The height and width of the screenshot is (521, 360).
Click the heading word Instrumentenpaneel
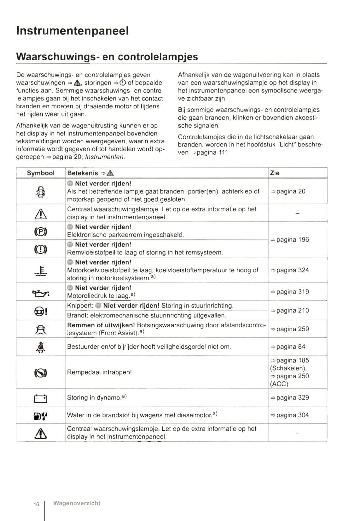click(72, 31)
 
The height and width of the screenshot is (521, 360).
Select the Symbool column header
click(40, 173)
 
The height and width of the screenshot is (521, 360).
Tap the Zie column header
click(275, 173)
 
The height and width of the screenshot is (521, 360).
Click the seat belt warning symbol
click(41, 347)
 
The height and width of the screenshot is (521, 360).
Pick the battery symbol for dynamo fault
click(40, 398)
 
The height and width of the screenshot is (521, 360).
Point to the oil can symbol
click(41, 294)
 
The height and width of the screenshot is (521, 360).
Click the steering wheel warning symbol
click(41, 312)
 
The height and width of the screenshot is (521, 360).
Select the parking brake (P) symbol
click(41, 232)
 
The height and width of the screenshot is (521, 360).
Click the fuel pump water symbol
click(41, 416)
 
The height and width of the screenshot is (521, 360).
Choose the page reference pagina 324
click(292, 270)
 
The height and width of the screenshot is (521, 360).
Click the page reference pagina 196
click(292, 240)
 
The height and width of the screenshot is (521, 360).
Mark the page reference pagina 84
click(290, 346)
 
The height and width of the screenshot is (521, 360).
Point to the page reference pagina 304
click(292, 415)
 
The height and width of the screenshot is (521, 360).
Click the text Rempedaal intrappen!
click(99, 372)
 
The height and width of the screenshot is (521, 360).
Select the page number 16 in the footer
click(36, 504)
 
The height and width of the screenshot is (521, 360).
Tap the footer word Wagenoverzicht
click(77, 503)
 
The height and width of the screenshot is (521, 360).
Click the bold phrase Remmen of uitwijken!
click(101, 325)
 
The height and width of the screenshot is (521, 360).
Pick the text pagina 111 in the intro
click(212, 152)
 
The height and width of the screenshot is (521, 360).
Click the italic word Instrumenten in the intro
click(105, 157)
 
